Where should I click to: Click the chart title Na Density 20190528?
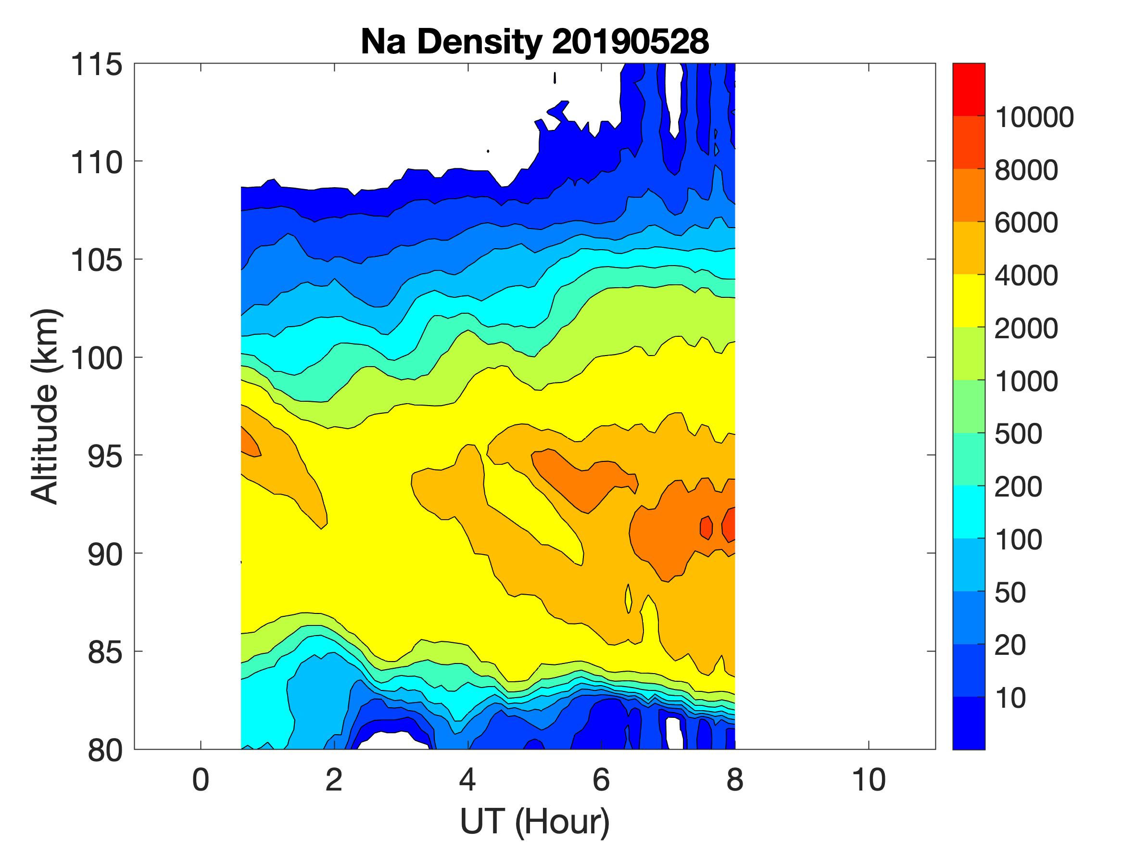(x=535, y=41)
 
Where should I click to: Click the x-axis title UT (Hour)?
(x=535, y=821)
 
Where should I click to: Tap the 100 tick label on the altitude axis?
(x=96, y=358)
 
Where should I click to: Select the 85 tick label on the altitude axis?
(x=105, y=652)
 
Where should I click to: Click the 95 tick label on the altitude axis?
(x=105, y=456)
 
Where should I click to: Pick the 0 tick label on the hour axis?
(x=201, y=779)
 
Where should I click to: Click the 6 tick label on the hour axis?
(x=601, y=779)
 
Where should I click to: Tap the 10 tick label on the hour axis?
(x=869, y=779)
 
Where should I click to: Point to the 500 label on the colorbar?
(x=1018, y=434)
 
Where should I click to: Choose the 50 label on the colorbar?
(x=1010, y=593)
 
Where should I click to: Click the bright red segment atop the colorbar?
(x=968, y=89)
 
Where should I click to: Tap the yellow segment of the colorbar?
(x=968, y=300)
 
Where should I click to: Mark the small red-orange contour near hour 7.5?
(x=706, y=528)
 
